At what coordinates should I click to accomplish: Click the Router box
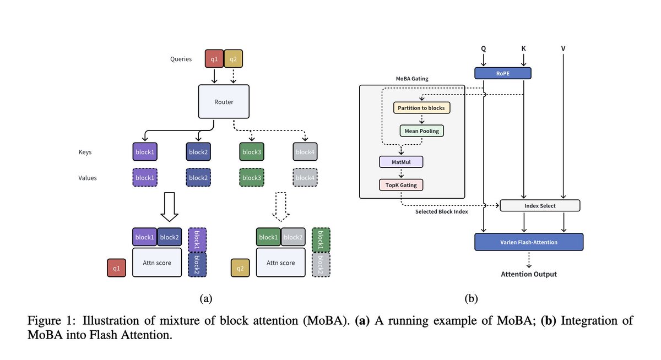coord(223,101)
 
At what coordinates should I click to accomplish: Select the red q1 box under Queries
coord(214,58)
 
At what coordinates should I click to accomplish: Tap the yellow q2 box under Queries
coord(234,58)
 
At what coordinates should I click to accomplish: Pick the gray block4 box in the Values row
coord(305,178)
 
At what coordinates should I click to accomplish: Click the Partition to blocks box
coord(422,108)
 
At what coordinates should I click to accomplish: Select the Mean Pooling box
coord(422,131)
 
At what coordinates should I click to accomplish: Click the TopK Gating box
coord(401,184)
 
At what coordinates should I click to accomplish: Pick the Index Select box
coord(540,206)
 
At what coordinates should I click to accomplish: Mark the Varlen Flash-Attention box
coord(528,242)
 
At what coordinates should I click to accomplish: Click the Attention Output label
coord(528,274)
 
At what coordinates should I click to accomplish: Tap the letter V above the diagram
coord(563,49)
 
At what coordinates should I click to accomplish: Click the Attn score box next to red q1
coord(157,263)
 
